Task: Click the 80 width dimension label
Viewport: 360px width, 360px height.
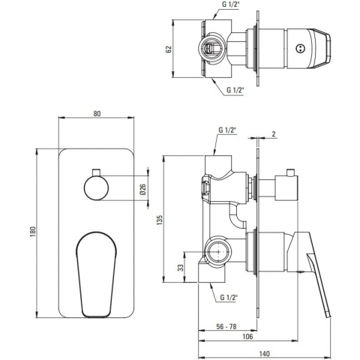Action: click(97, 113)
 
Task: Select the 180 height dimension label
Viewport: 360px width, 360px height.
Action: click(33, 232)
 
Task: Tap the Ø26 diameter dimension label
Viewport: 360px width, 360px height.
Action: click(142, 189)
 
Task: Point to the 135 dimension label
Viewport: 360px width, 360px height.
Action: click(160, 220)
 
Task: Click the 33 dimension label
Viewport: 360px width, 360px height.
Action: click(181, 268)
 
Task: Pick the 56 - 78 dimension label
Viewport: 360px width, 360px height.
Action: click(226, 326)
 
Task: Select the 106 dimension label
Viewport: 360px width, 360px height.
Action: click(247, 337)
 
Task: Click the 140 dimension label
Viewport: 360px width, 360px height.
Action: click(265, 354)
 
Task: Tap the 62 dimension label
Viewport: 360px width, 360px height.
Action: click(169, 49)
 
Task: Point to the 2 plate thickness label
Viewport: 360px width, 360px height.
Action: click(274, 134)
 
